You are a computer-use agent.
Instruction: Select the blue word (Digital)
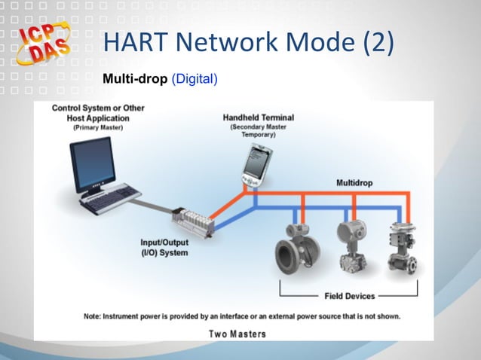(x=195, y=78)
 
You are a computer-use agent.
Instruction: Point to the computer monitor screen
(x=93, y=161)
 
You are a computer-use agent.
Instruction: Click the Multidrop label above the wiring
(x=354, y=183)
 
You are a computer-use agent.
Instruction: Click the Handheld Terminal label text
(x=258, y=118)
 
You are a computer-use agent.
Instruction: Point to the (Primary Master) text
(x=98, y=128)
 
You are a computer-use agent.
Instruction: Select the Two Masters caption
(x=236, y=332)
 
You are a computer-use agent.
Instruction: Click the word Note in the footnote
(x=94, y=316)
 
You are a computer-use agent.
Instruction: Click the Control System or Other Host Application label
(x=98, y=113)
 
